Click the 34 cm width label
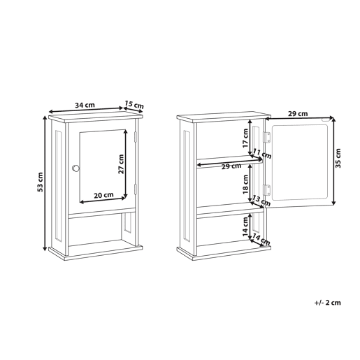point(85,105)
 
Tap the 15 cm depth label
point(134,105)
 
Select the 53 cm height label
point(40,182)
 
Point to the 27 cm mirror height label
point(121,164)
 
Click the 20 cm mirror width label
point(103,195)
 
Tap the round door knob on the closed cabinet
point(75,168)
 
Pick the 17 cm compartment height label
point(245,138)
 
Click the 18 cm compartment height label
point(245,184)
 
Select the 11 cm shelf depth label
point(262,154)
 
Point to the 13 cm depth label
point(261,201)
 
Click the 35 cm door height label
point(338,158)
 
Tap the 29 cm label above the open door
point(298,114)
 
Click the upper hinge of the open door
point(267,137)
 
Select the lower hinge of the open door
point(267,190)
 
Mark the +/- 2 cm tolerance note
point(327,303)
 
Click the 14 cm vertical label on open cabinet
point(245,226)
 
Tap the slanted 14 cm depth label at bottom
point(261,240)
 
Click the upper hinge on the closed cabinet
point(135,137)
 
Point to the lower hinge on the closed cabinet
point(135,189)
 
